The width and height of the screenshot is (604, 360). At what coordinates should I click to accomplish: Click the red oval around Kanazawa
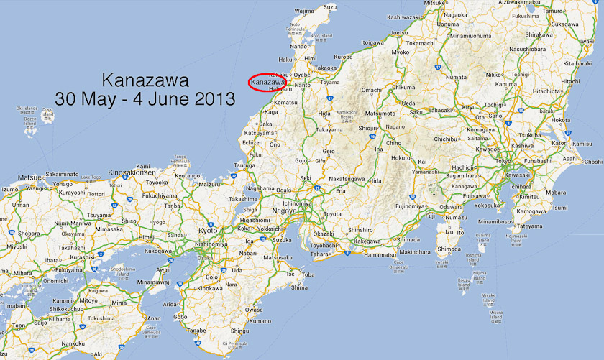pos(267,83)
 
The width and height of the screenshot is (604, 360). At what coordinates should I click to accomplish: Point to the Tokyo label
pos(503,161)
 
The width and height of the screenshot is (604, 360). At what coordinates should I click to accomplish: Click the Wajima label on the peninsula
pos(305,11)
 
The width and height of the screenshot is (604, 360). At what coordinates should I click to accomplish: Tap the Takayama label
pos(329,130)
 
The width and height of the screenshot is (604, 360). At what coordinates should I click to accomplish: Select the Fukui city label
pos(255,154)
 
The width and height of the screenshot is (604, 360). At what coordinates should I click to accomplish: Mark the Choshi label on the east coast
pos(592,162)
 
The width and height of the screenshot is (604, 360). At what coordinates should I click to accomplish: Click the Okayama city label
pos(73,234)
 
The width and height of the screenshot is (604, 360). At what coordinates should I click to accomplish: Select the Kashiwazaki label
pos(403,17)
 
